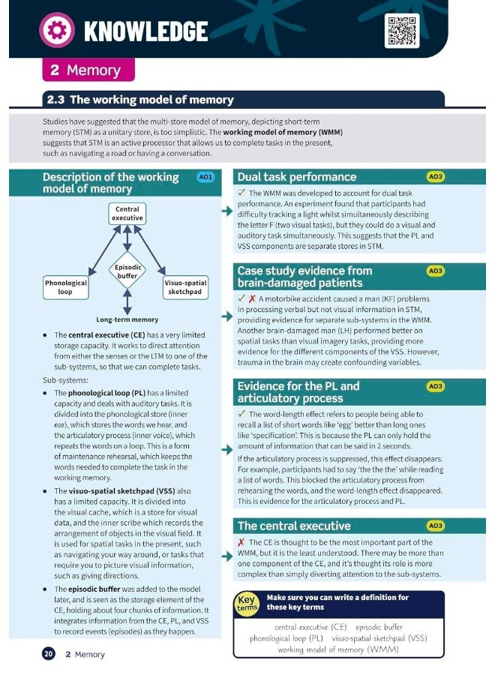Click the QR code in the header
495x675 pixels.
point(401,31)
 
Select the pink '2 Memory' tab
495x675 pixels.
point(88,70)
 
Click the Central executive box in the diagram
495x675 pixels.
point(127,213)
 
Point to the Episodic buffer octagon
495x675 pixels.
point(127,271)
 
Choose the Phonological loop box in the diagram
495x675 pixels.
point(65,287)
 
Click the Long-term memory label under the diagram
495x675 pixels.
point(127,319)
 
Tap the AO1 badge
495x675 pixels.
point(205,177)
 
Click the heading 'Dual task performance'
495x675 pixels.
point(297,177)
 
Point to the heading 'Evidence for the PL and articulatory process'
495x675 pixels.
point(298,392)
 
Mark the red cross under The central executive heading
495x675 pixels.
point(241,542)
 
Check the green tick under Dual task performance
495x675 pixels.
point(241,193)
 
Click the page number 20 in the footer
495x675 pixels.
point(48,654)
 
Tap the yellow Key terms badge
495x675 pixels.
point(246,604)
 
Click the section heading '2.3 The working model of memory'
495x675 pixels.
point(140,100)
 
